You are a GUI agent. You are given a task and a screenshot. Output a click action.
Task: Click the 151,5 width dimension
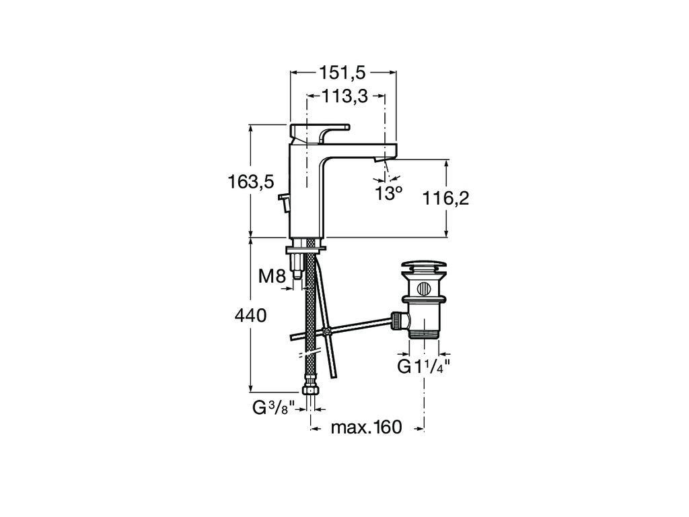click(x=342, y=73)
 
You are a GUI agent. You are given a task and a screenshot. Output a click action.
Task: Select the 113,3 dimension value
click(x=345, y=96)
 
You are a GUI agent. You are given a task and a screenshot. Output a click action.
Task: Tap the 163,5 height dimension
click(x=251, y=182)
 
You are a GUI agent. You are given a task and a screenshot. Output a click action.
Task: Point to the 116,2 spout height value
click(x=445, y=199)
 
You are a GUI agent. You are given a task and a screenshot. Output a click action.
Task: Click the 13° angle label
click(x=388, y=193)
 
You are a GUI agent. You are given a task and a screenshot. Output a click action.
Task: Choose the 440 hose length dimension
click(x=251, y=315)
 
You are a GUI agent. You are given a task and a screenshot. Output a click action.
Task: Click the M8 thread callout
click(x=273, y=276)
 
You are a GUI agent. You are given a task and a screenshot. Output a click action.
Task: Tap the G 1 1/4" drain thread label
click(x=424, y=366)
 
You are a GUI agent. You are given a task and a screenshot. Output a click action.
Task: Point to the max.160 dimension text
click(x=367, y=427)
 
